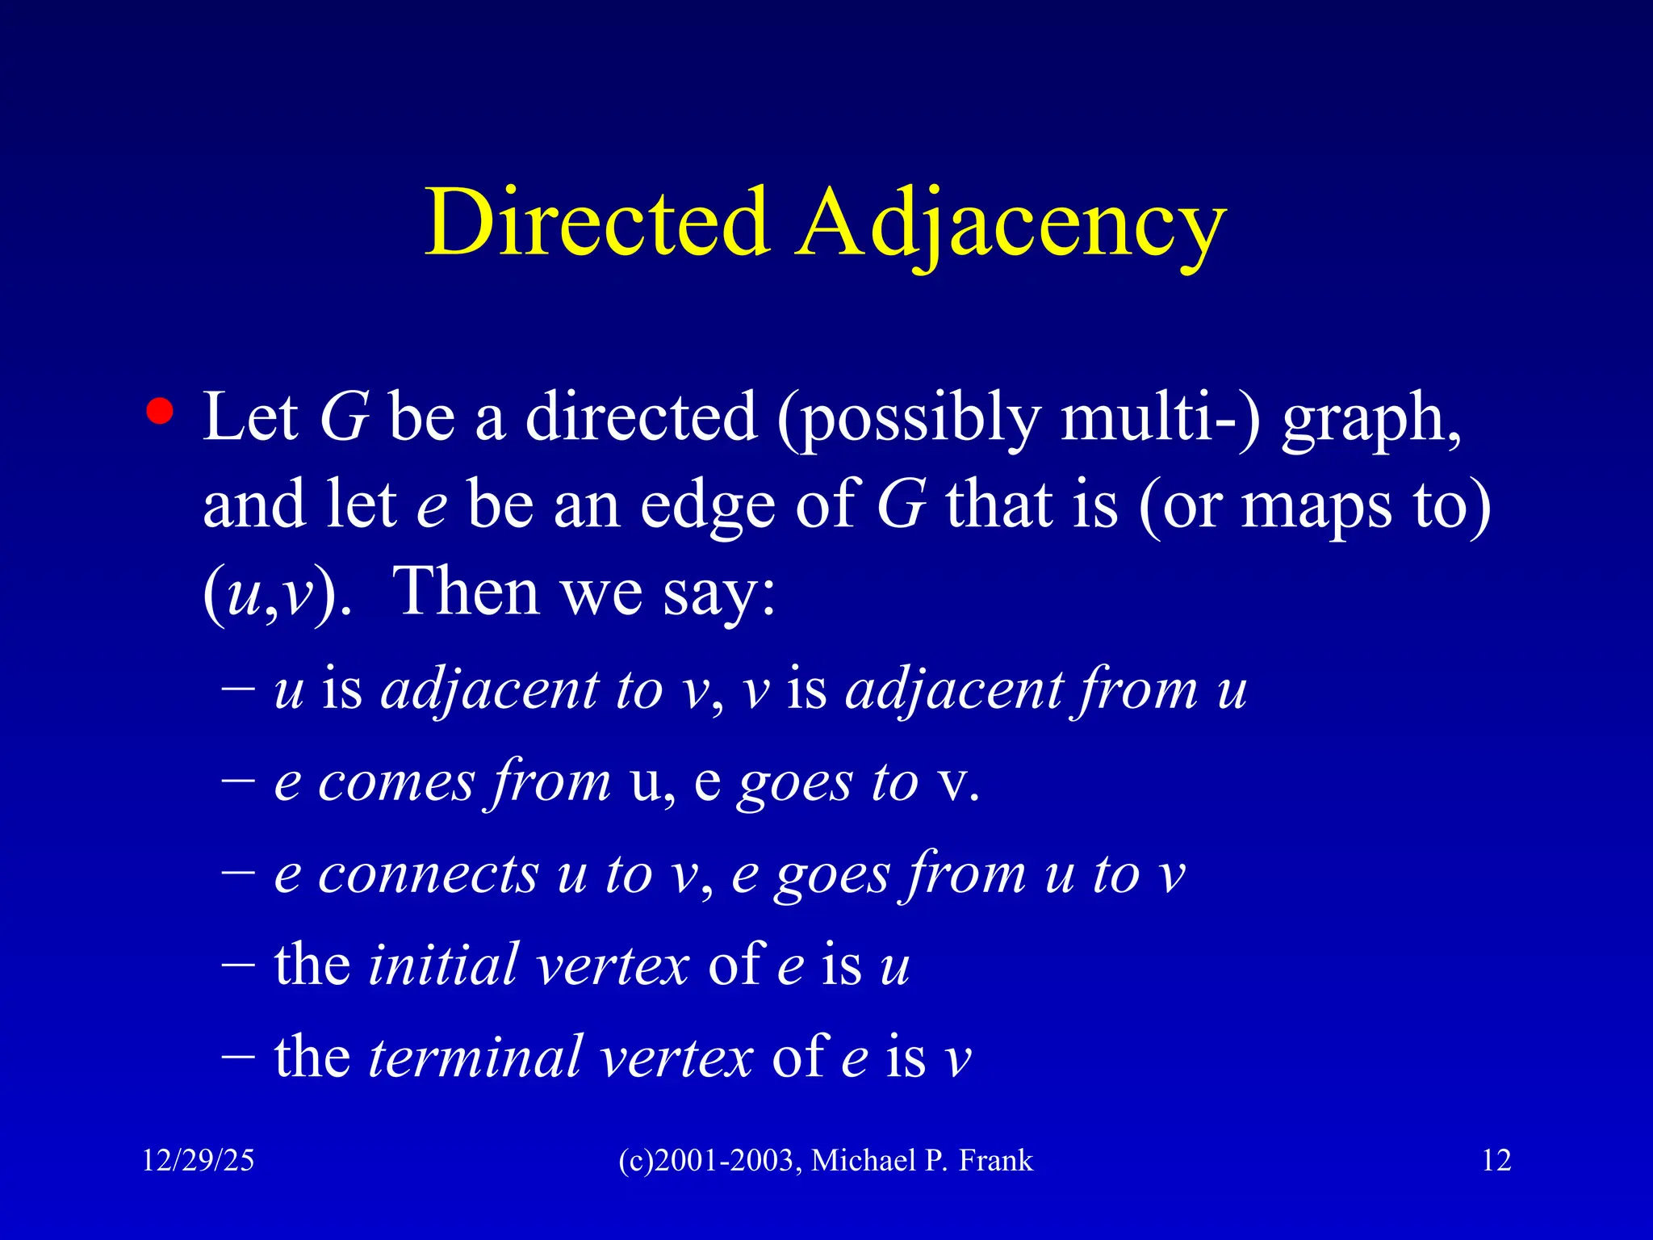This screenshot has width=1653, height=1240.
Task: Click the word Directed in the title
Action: point(596,223)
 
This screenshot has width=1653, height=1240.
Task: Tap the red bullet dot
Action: point(160,412)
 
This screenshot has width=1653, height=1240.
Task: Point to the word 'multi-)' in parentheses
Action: point(1159,418)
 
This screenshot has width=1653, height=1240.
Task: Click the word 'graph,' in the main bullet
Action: point(1371,420)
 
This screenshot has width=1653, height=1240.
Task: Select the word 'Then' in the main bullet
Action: point(466,591)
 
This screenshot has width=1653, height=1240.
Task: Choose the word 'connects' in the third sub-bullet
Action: point(428,875)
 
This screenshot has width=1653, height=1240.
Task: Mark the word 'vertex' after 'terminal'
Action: point(676,1058)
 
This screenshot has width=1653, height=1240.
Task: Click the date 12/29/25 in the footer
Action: point(198,1161)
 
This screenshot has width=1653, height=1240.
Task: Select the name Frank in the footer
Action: point(996,1161)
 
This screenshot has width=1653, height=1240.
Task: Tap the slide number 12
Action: point(1496,1161)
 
